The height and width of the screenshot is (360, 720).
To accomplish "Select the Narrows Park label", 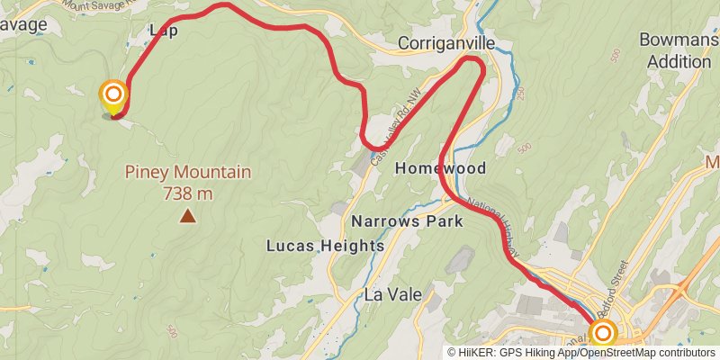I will click(x=407, y=220).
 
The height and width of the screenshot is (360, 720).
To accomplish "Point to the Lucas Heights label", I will click(x=325, y=245).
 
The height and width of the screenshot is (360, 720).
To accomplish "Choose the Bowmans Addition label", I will click(x=675, y=50).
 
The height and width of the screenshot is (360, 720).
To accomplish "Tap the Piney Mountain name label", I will click(x=187, y=172).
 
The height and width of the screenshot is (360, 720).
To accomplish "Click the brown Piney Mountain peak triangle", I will click(x=187, y=215).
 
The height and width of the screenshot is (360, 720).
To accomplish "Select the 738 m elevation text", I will click(x=187, y=193).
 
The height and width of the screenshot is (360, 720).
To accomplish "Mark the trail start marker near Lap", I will click(x=113, y=95).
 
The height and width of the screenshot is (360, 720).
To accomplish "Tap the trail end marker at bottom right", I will click(x=602, y=334).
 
